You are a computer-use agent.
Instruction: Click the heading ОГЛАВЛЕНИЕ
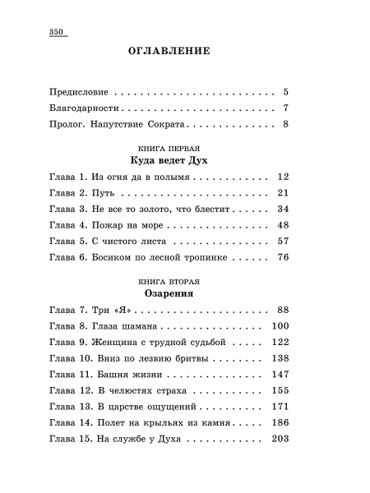(169, 51)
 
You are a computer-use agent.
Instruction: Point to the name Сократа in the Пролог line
(169, 125)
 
